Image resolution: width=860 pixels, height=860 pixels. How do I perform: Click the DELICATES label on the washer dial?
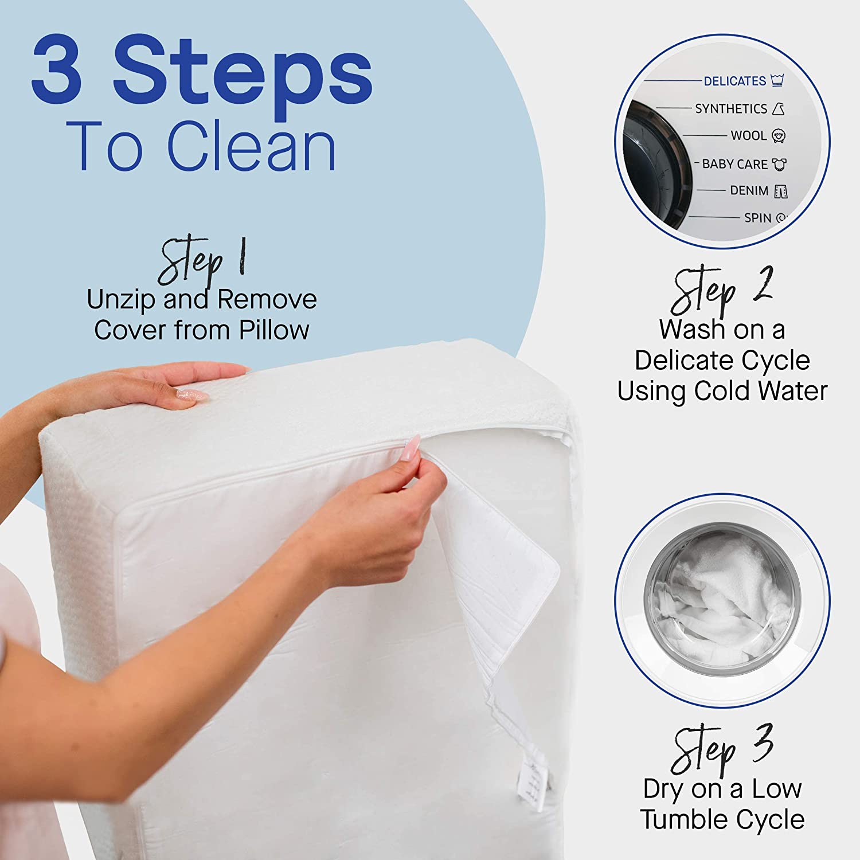click(x=734, y=81)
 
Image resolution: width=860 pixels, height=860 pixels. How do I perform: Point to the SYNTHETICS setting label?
click(x=730, y=108)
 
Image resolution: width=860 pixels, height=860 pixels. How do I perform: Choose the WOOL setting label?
click(x=748, y=136)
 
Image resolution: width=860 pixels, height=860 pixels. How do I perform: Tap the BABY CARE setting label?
click(x=734, y=164)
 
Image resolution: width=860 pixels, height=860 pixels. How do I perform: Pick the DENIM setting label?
click(x=749, y=190)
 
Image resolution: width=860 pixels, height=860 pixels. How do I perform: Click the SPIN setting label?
click(x=757, y=218)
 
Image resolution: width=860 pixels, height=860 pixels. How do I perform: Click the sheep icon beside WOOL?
click(x=778, y=136)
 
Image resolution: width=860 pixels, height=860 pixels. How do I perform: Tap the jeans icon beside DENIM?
click(x=780, y=191)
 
